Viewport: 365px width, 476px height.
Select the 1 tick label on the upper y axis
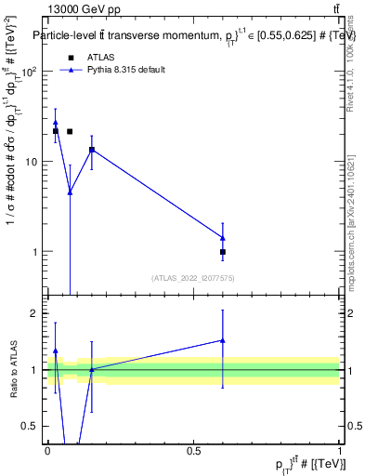(36, 252)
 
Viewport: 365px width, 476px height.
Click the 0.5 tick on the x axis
(193, 452)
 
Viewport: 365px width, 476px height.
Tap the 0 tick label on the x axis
(47, 452)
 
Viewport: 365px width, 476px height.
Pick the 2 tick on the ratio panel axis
(37, 313)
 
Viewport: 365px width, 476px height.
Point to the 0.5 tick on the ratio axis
(33, 427)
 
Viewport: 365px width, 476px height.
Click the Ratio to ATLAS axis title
(14, 370)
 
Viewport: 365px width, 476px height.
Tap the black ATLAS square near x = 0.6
(223, 252)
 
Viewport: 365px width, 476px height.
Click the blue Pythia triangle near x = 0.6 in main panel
(223, 237)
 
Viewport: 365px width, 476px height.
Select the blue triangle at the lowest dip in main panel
(70, 192)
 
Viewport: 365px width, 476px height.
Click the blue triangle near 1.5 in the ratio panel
(223, 340)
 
